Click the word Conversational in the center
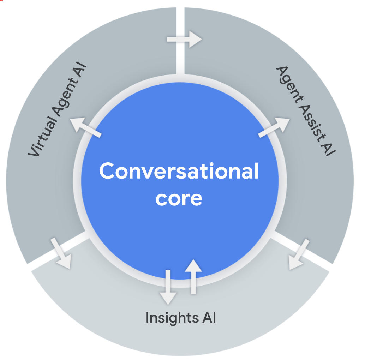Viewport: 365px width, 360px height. [x=179, y=172]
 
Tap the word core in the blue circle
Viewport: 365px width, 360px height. [x=179, y=198]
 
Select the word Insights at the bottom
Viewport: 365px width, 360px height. [x=169, y=318]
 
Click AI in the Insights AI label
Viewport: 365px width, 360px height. [x=209, y=318]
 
